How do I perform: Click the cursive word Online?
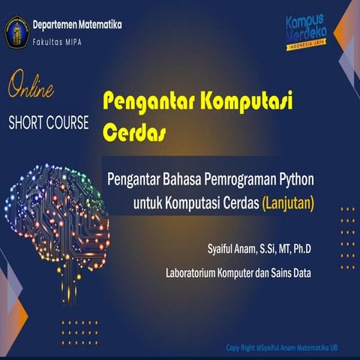click(x=31, y=90)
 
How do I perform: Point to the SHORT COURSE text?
click(x=48, y=122)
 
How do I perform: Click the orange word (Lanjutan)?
click(x=287, y=202)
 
